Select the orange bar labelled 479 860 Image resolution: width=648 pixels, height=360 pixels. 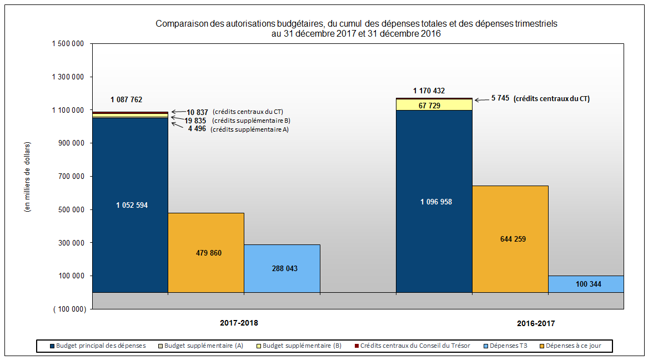(x=205, y=267)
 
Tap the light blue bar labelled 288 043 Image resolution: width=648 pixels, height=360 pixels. (x=282, y=278)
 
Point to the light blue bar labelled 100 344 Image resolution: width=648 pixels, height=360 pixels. (x=585, y=284)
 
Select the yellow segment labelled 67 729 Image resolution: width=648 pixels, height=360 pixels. (x=434, y=104)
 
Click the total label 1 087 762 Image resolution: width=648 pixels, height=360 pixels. (x=126, y=100)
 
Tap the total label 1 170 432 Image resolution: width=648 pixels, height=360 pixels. (x=429, y=91)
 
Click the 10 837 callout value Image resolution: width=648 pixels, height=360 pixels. (x=197, y=112)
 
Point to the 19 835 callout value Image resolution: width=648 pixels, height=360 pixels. (x=196, y=121)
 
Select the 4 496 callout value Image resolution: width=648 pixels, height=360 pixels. (x=197, y=129)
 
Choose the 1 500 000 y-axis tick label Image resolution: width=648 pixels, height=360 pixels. (x=68, y=44)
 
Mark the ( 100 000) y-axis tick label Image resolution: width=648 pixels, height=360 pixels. (x=69, y=309)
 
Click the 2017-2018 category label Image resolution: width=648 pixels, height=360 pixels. (x=239, y=323)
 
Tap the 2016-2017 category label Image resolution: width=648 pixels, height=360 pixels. (x=536, y=323)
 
